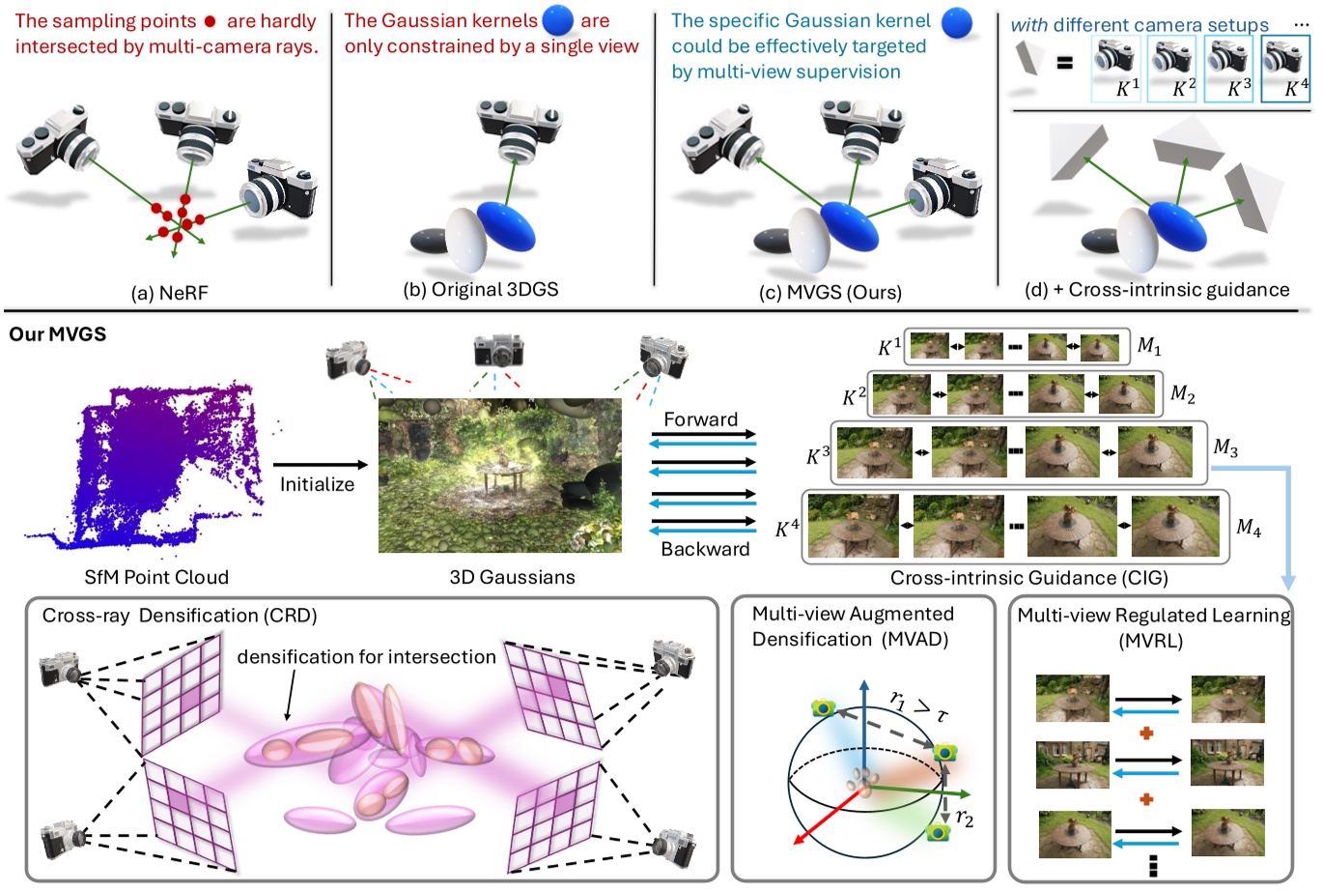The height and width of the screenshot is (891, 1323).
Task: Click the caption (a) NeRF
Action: [169, 293]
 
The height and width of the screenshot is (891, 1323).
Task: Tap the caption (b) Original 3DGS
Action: [480, 290]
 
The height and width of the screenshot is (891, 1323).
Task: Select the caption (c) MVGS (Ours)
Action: [830, 292]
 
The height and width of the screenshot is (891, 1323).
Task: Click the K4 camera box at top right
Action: [1286, 68]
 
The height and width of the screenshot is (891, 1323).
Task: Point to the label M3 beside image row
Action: [1225, 448]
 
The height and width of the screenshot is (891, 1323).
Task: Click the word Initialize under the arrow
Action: [317, 485]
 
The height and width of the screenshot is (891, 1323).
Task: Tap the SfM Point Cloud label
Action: [156, 578]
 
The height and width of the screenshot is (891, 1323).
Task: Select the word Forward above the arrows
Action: [700, 419]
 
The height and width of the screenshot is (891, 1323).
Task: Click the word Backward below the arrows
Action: [705, 549]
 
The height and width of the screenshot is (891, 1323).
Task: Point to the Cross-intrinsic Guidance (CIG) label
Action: [1028, 579]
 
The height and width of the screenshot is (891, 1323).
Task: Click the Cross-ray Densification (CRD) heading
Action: [180, 616]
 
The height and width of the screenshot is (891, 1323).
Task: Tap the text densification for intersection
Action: [366, 657]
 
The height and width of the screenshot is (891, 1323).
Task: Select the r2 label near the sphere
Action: [964, 819]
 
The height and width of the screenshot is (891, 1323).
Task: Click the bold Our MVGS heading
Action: [57, 335]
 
